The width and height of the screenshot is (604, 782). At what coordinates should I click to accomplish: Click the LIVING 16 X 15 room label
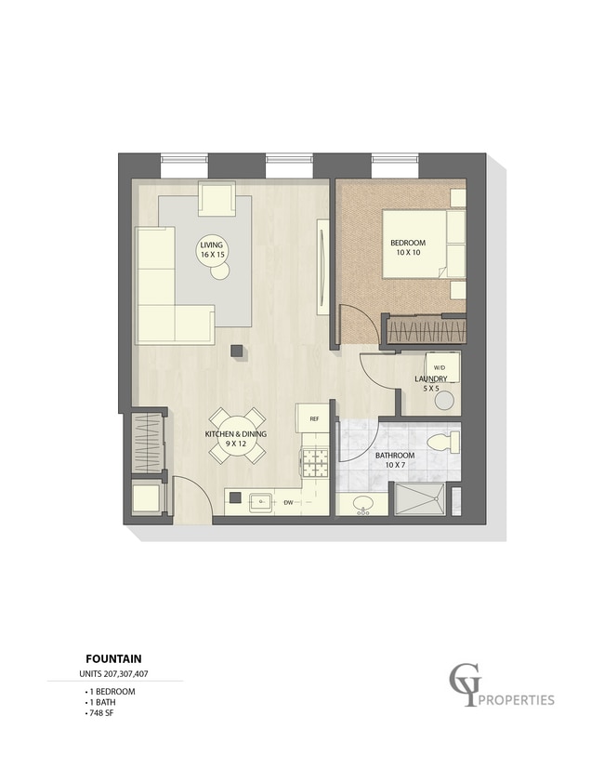tap(212, 249)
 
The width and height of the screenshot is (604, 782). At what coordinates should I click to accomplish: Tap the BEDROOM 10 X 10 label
tap(408, 247)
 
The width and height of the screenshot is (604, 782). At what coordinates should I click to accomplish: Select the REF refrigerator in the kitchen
tap(313, 418)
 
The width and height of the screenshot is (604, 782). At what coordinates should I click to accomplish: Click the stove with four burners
tap(315, 462)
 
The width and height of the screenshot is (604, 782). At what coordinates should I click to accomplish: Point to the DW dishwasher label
tap(288, 503)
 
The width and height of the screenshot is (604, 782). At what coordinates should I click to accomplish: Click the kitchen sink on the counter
tap(260, 502)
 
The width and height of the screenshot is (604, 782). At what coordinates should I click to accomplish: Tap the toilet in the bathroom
tap(443, 442)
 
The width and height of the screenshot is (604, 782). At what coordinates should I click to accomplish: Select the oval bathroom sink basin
tap(362, 503)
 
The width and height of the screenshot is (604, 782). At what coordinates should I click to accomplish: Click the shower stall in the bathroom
tap(419, 498)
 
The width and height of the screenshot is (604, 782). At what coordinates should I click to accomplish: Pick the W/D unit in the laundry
tap(442, 367)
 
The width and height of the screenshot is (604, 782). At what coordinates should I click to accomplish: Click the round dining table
tap(236, 435)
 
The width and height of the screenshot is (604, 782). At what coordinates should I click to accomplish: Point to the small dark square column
tap(237, 351)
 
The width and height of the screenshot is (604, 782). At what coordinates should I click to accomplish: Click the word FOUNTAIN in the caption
tap(113, 659)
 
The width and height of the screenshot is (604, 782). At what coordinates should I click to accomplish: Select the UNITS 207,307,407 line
tap(113, 674)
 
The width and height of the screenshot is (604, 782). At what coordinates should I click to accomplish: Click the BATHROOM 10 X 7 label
tap(395, 460)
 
